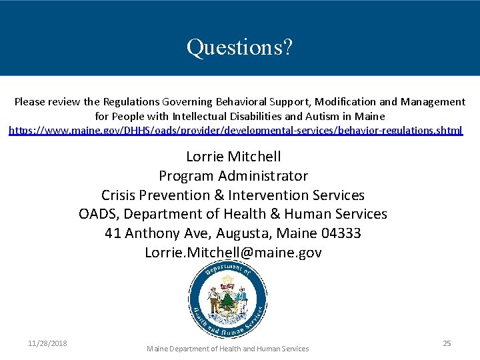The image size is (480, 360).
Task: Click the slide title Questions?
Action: [x=239, y=47]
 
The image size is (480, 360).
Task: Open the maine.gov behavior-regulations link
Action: [x=235, y=131]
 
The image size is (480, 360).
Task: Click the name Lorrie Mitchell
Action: [x=233, y=157]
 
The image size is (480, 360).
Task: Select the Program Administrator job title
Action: [x=233, y=176]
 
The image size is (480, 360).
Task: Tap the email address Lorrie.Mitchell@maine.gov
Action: [x=233, y=253]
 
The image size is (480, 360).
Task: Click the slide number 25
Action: [x=447, y=343]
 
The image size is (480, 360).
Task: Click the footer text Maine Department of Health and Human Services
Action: [x=228, y=349]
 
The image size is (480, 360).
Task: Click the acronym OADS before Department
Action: [x=99, y=214]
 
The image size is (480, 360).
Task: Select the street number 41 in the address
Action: [x=113, y=233]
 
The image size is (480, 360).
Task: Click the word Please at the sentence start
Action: [x=31, y=102]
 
